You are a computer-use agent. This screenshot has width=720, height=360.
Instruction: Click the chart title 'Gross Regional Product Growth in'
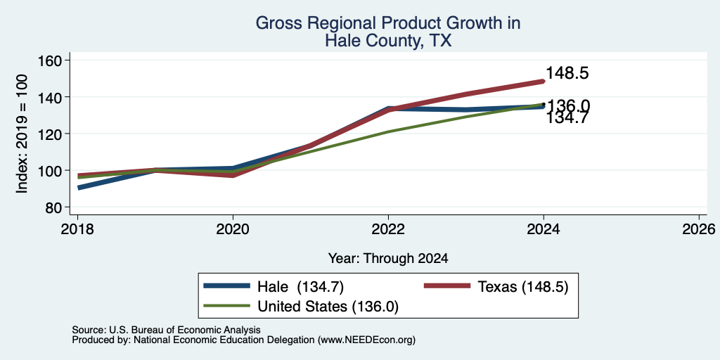[388, 23]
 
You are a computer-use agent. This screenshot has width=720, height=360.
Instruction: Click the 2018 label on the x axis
[77, 229]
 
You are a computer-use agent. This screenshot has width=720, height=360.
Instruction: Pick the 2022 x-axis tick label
[388, 229]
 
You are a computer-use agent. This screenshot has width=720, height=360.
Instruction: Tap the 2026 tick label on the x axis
[700, 229]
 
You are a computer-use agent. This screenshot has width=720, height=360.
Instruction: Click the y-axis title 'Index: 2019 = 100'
[22, 134]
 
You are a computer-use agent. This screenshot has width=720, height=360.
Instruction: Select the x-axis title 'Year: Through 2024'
[388, 259]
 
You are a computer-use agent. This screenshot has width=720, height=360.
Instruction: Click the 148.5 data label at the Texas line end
[567, 73]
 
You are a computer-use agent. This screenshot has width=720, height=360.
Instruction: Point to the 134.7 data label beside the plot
[567, 118]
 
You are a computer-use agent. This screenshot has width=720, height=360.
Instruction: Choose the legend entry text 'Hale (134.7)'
[301, 287]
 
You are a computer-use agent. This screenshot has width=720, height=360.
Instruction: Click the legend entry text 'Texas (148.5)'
[523, 287]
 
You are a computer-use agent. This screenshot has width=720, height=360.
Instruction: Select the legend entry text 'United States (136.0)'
[328, 307]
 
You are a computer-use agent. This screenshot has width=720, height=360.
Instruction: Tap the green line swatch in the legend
[227, 306]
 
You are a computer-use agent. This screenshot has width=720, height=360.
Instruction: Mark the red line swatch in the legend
[446, 286]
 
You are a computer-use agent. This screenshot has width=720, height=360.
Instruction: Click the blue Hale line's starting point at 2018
[79, 188]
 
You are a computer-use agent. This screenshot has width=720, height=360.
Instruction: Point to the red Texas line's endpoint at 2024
[544, 82]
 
